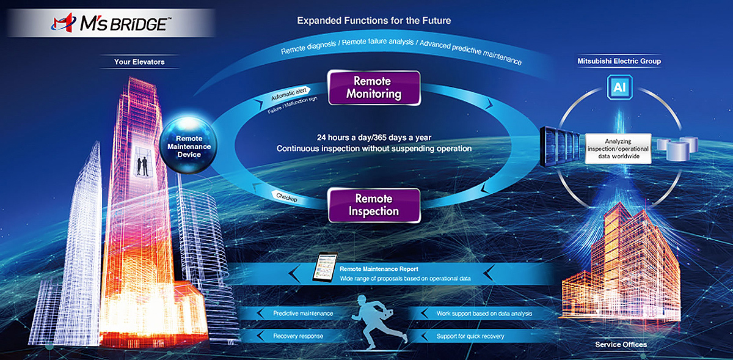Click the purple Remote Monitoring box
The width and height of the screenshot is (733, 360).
(374, 87)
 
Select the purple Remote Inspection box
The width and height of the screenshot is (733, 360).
(374, 205)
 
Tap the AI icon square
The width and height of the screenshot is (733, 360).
(619, 87)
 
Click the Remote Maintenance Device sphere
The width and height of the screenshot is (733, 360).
(189, 145)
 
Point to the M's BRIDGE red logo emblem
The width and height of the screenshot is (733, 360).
(63, 23)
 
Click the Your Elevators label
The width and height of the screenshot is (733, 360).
(139, 62)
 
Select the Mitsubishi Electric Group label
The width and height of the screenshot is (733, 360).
(619, 61)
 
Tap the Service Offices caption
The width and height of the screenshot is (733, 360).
(621, 345)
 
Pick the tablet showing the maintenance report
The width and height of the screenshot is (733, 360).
(324, 266)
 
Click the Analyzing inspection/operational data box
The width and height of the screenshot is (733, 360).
(618, 149)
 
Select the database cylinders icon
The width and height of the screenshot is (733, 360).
(677, 149)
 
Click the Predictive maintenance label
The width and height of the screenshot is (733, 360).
(303, 314)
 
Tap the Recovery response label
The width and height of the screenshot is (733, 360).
(298, 336)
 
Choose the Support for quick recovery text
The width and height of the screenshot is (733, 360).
(470, 336)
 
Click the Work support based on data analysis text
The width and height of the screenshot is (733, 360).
(484, 314)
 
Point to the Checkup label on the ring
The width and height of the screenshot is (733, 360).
(286, 197)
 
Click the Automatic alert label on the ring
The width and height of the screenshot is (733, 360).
(288, 94)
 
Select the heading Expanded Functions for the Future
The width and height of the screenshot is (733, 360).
(374, 21)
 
